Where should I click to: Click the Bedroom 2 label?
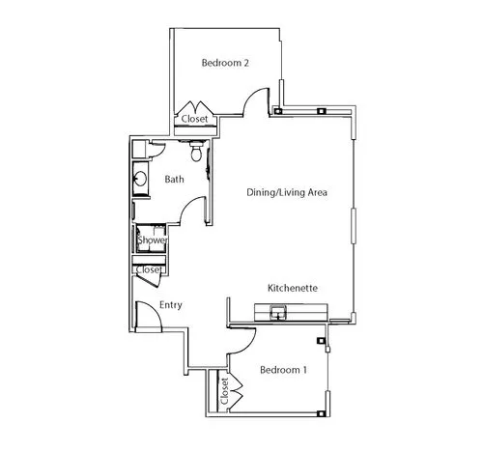coord(225,63)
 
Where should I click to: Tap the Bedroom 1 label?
coord(283,370)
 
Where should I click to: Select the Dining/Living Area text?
coord(287,192)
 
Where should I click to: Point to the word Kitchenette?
coord(293,288)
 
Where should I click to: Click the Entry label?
coord(171,305)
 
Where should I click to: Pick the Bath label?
coord(175,179)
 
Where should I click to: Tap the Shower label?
coord(153,240)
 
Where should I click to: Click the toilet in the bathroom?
coord(196,151)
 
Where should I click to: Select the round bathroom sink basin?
coord(140,179)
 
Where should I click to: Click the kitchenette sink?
coord(278,313)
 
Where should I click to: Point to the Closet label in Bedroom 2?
coord(194,119)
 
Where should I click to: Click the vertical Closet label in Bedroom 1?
coord(224,391)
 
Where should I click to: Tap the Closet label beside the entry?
coord(149,269)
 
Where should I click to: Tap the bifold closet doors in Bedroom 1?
coord(237,390)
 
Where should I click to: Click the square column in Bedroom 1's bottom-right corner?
coord(321,413)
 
